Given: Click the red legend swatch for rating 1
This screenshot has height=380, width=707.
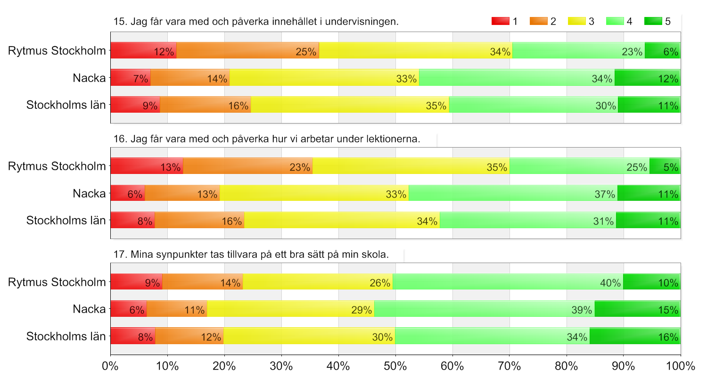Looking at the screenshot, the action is pos(500,21).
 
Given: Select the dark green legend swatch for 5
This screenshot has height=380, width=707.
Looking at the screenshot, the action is pos(653,21).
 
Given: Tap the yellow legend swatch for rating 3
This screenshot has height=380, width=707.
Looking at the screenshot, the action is pos(576,21).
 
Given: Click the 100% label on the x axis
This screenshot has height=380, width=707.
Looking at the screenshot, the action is pos(681,366).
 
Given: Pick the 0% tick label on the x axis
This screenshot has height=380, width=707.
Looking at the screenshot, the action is pos(110,366).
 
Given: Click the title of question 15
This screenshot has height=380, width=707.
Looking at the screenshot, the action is pos(256,22).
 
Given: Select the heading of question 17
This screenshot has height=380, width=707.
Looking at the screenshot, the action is pos(251,255).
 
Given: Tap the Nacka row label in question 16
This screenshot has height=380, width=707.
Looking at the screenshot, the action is pos(90,193).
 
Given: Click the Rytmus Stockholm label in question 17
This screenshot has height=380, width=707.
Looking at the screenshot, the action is pos(57,282).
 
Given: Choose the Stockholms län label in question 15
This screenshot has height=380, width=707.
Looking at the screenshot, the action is pos(66,105).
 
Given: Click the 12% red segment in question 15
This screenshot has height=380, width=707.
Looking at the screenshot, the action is pos(144,50).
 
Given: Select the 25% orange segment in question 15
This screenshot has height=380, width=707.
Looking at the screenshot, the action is pos(248,50).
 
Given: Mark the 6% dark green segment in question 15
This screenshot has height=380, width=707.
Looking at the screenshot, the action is pos(663,50).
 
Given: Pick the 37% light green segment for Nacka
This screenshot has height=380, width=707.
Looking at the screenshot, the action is pos(513,193).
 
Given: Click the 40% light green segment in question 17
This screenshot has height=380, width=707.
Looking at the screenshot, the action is pos(508,281).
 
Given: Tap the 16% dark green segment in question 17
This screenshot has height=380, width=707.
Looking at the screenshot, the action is pos(635,336).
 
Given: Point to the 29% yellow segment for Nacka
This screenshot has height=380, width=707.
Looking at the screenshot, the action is pos(291,309).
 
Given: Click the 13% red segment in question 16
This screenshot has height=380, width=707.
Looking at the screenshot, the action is pos(147,165).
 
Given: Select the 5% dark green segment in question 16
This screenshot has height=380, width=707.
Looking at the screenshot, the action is pos(665,165).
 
